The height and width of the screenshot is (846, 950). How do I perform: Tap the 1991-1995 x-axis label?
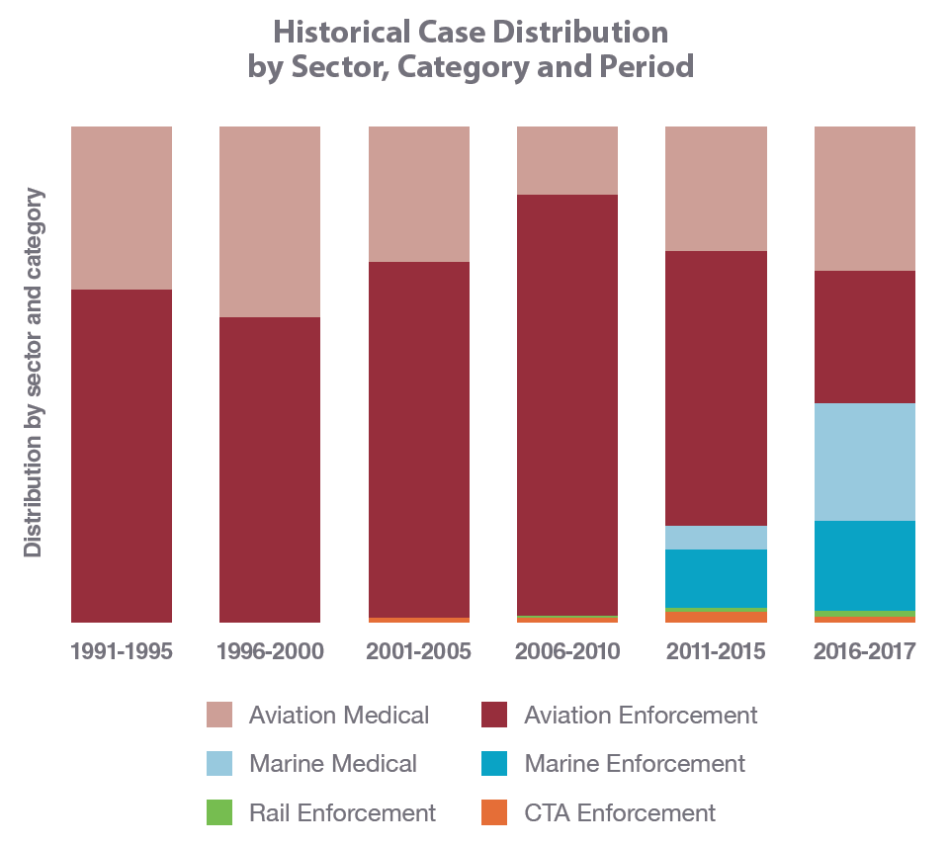[122, 652]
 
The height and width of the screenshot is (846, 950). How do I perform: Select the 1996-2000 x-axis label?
[270, 652]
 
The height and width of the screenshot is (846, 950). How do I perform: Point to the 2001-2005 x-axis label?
[418, 652]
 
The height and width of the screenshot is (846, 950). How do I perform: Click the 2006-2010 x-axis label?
[567, 652]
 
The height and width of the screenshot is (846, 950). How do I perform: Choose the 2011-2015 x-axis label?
[716, 652]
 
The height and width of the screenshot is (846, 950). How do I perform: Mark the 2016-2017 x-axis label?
[864, 652]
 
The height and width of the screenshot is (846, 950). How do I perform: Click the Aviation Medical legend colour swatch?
[219, 715]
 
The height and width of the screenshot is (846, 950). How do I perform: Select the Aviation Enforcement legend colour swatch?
[494, 715]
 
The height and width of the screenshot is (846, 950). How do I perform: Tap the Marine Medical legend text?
[333, 764]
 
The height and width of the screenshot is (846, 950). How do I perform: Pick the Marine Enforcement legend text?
[635, 764]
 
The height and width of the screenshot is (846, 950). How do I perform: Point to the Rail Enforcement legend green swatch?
[219, 812]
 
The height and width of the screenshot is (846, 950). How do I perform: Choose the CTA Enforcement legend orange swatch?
[494, 812]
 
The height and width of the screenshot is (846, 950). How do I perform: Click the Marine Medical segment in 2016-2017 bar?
[864, 462]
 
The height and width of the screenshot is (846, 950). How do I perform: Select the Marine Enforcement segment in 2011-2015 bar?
[716, 578]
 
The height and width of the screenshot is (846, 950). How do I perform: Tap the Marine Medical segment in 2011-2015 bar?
[716, 538]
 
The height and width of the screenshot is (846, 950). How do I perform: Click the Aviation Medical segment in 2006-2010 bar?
[567, 160]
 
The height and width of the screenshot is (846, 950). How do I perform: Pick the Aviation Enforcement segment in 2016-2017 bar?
[864, 337]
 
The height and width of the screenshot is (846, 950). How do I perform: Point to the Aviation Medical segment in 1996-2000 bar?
[270, 221]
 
